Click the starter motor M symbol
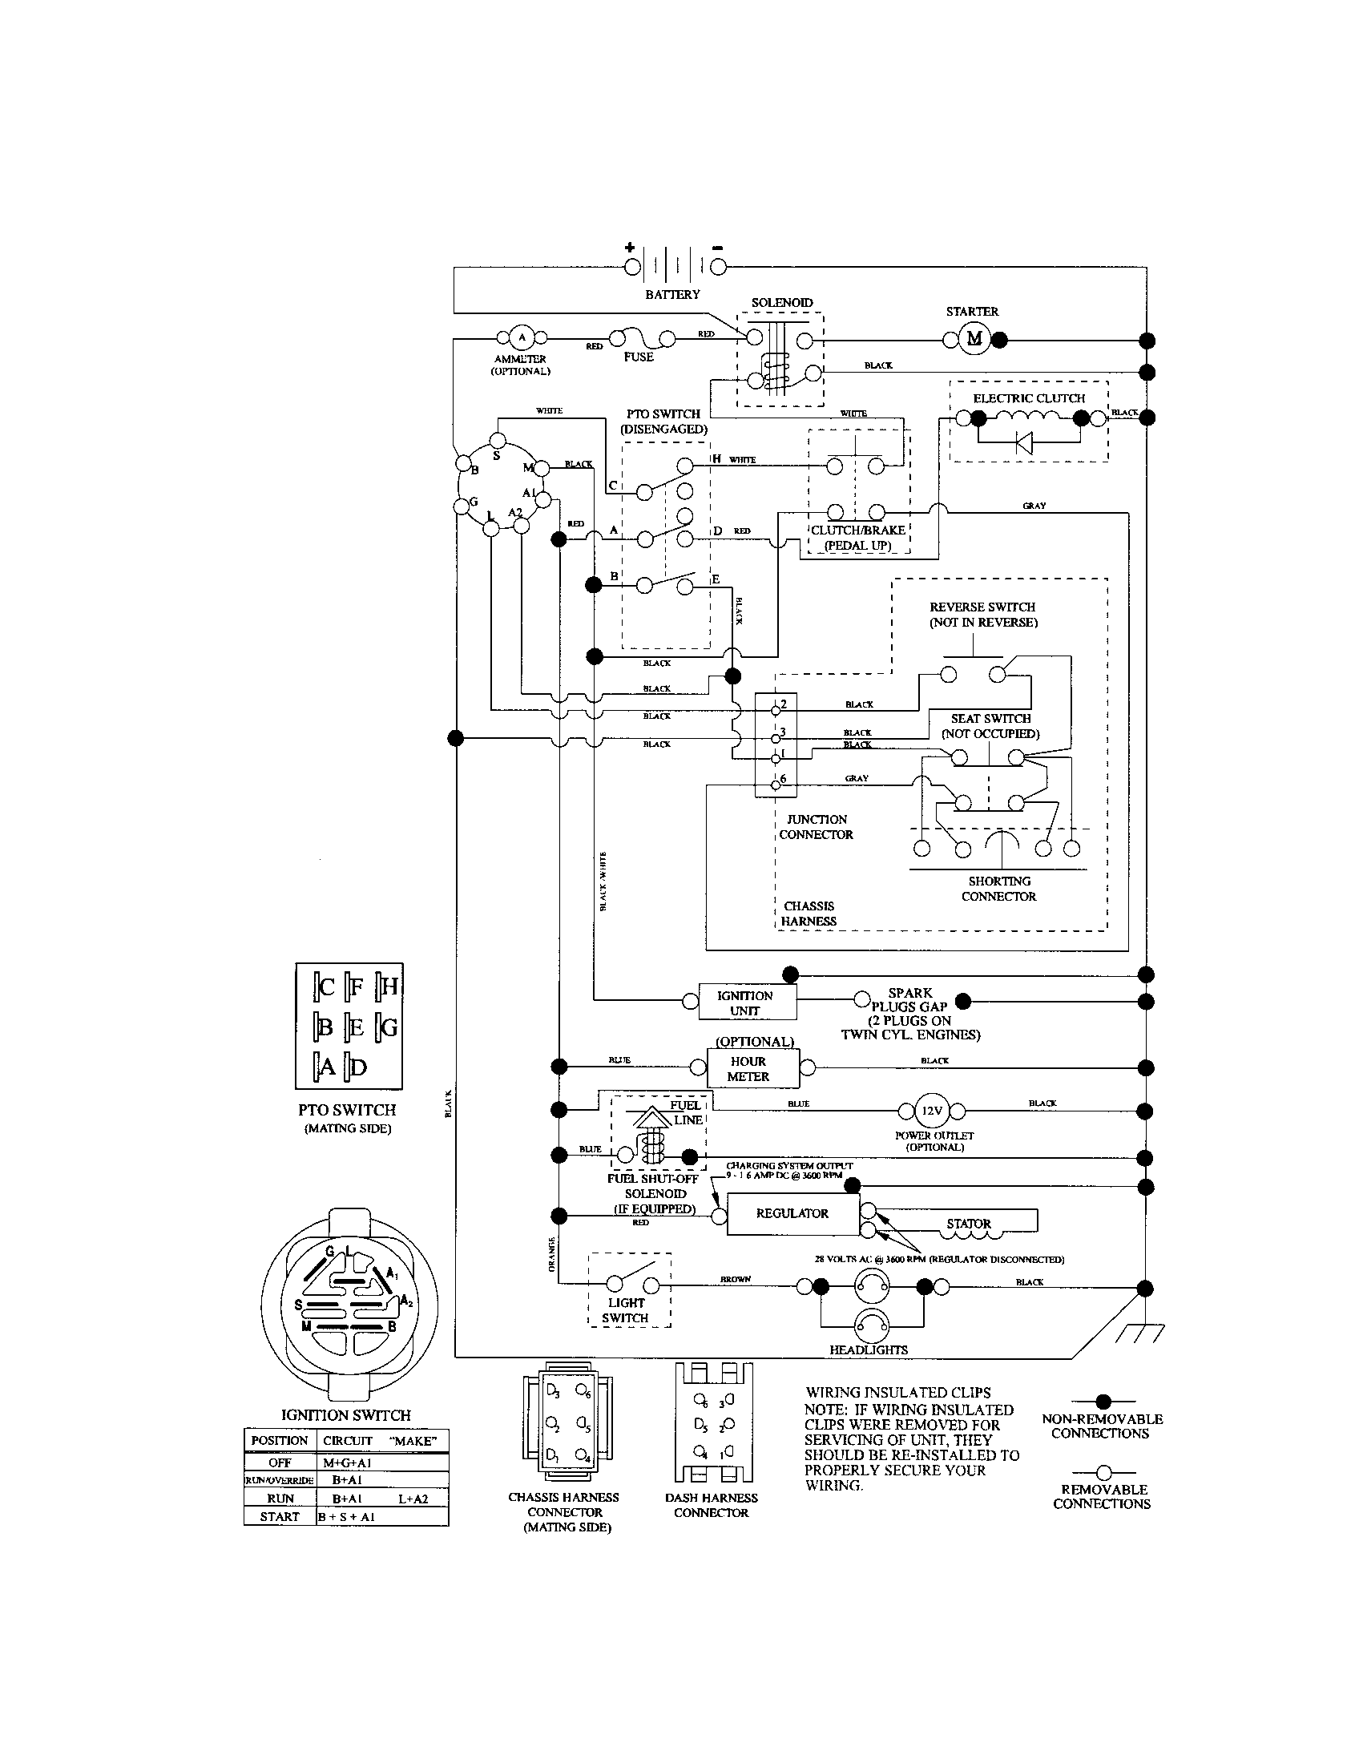[x=974, y=339]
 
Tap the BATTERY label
[x=672, y=295]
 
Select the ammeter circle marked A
[x=521, y=337]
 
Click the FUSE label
[x=638, y=357]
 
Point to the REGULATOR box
[x=792, y=1213]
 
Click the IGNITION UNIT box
[x=746, y=1003]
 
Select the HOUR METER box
[x=748, y=1069]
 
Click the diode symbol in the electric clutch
[x=1025, y=442]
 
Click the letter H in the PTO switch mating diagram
[x=389, y=986]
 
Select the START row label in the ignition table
[x=279, y=1517]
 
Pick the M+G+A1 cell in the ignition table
[x=347, y=1462]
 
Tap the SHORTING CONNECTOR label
[x=999, y=889]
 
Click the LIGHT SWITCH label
[x=627, y=1310]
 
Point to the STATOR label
[x=969, y=1224]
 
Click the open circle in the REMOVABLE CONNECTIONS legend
[x=1103, y=1472]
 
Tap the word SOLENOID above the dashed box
[x=782, y=303]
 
